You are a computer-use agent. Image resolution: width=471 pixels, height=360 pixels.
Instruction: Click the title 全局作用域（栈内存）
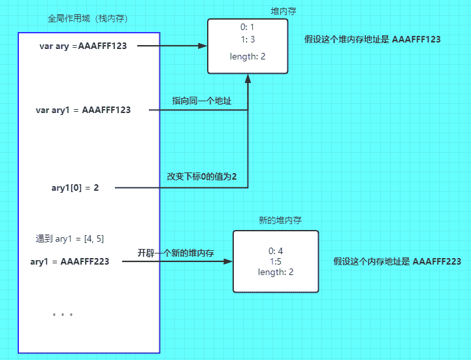[x=88, y=18]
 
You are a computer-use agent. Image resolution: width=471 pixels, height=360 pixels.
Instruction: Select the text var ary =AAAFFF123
[x=82, y=46]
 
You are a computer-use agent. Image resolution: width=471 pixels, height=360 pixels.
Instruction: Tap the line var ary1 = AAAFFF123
[x=83, y=110]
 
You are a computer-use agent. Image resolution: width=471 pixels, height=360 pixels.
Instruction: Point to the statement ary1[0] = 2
[x=75, y=188]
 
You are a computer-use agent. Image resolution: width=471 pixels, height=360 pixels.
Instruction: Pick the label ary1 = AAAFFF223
[x=69, y=261]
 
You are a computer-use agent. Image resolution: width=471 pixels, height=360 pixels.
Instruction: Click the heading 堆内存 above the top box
[x=284, y=11]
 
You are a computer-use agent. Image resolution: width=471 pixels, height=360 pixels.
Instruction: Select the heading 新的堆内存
[x=280, y=221]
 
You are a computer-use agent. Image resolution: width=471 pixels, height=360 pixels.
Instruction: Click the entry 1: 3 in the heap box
[x=248, y=40]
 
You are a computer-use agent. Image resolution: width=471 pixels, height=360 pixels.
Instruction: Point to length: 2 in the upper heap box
[x=248, y=57]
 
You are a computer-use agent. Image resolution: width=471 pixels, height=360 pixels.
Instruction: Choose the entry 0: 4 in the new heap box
[x=276, y=251]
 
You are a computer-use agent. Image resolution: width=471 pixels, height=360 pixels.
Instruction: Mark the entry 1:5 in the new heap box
[x=276, y=261]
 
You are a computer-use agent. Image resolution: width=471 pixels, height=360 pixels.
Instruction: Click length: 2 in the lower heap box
[x=276, y=272]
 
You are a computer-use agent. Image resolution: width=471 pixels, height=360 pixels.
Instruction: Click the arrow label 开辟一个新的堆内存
[x=176, y=253]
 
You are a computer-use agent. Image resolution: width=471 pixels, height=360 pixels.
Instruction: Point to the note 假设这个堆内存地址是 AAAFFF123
[x=372, y=39]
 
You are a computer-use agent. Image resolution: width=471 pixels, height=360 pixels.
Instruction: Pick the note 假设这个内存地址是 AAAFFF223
[x=397, y=261]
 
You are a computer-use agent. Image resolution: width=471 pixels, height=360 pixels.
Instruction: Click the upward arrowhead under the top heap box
[x=248, y=78]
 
